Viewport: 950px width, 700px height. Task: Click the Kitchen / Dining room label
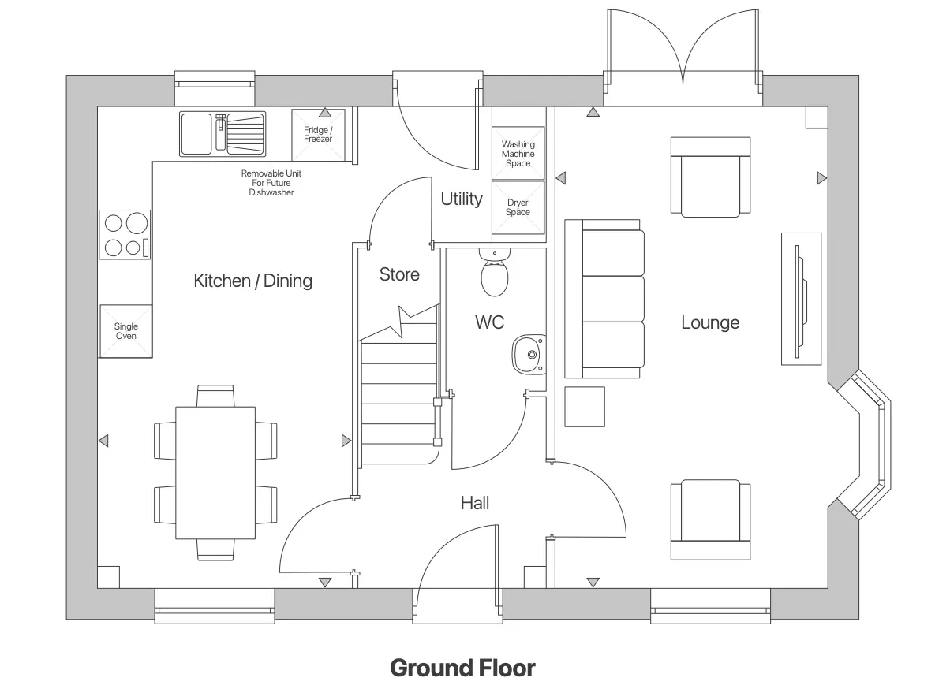coord(252,281)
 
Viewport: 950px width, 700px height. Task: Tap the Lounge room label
coord(710,322)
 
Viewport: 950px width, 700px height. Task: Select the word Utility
coord(461,199)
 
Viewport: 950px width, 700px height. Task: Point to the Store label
coord(399,274)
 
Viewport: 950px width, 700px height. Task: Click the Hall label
coord(475,503)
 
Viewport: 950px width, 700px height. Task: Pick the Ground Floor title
coord(462,668)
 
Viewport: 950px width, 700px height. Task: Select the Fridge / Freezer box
coord(318,133)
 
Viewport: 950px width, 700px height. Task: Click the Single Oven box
coord(125,331)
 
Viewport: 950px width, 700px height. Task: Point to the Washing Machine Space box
coord(518,153)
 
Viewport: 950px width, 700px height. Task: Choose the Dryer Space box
coord(518,207)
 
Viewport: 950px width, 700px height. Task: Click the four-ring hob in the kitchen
coord(125,235)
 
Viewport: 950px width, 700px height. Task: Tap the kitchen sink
coord(223,132)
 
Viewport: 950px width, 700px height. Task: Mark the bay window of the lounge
coord(865,445)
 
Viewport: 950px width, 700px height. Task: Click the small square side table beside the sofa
coord(585,407)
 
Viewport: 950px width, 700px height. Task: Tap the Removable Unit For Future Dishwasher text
coord(271,183)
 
